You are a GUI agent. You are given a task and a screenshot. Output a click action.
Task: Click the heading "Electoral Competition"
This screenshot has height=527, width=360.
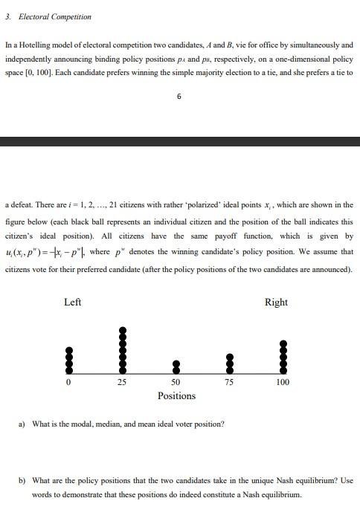tap(53, 16)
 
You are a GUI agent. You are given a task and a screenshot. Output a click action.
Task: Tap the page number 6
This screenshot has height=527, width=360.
tap(179, 97)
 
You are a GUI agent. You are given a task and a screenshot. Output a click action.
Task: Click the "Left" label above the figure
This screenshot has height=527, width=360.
tap(73, 302)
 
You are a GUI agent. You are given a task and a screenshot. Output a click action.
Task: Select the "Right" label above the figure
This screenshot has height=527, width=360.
tap(276, 302)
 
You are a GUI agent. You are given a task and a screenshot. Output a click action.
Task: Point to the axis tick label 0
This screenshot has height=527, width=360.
tap(68, 382)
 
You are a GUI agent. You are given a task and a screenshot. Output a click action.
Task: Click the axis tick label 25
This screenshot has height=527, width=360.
tap(122, 382)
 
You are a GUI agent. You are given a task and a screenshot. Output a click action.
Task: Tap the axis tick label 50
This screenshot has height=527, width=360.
tap(176, 382)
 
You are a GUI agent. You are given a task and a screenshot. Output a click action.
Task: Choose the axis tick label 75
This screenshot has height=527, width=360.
tap(230, 382)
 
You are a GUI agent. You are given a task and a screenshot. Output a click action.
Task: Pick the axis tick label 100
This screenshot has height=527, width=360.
tap(283, 382)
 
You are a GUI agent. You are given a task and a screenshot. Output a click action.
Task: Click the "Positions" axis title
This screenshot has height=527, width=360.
tap(176, 395)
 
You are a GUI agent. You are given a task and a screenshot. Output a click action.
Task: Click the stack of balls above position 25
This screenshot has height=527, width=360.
tap(122, 349)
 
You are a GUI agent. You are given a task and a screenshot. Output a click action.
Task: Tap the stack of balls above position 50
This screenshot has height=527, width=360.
tap(176, 366)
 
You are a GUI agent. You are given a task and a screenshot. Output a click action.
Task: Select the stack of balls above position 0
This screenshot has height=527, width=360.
tap(68, 360)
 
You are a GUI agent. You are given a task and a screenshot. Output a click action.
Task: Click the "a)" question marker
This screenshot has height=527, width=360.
tap(22, 424)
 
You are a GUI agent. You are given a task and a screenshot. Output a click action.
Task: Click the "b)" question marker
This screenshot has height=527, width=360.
tap(22, 480)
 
